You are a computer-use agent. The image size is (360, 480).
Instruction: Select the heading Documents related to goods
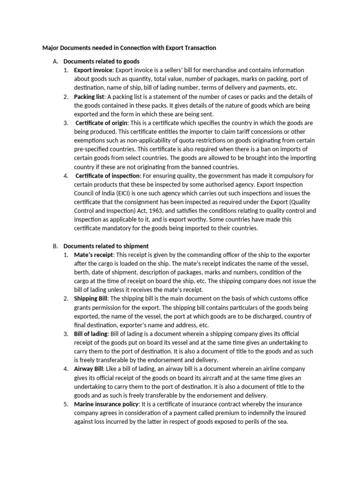tap(101, 61)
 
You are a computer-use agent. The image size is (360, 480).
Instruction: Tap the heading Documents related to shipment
tap(106, 246)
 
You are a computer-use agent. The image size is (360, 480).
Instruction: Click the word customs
tap(284, 299)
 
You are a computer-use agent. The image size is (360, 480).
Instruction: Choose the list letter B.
tap(55, 246)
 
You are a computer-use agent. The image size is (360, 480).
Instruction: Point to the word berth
tap(82, 272)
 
